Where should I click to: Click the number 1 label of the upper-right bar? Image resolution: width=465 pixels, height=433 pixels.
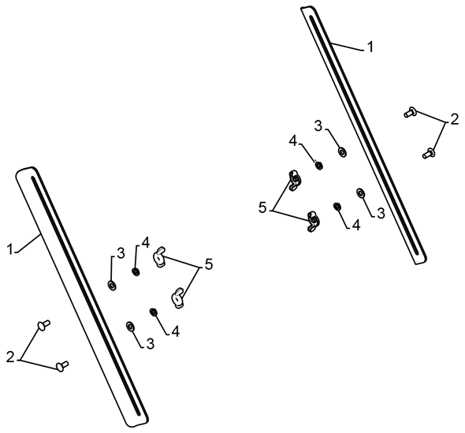(370, 47)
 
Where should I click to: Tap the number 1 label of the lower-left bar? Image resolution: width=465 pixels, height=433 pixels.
(10, 248)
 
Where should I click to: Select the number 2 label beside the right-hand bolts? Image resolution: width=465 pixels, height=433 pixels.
(454, 119)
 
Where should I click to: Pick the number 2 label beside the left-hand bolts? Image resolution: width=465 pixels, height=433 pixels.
(10, 356)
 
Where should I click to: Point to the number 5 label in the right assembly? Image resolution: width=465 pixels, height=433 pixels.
(262, 207)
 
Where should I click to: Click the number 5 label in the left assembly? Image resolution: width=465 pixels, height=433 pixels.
(209, 264)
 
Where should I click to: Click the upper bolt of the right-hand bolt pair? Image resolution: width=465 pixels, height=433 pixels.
(410, 112)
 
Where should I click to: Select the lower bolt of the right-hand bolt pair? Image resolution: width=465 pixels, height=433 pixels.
(429, 153)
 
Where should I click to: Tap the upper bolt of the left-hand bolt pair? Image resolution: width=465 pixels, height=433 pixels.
(43, 324)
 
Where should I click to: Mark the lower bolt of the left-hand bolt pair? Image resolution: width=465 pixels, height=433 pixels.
(62, 366)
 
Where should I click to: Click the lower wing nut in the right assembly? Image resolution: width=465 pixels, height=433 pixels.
(313, 222)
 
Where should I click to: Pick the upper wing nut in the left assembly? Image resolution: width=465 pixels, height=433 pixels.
(159, 257)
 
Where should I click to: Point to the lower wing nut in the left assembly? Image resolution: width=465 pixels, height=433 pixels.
(177, 297)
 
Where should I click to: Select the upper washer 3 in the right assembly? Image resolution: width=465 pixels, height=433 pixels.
(343, 152)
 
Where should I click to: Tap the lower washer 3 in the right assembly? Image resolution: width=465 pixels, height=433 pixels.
(361, 193)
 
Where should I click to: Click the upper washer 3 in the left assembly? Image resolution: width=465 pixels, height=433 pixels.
(112, 286)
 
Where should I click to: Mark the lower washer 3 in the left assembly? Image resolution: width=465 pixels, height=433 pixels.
(130, 327)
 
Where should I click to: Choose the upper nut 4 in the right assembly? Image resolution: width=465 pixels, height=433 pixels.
(319, 165)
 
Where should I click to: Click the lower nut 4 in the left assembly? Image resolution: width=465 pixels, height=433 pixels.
(154, 312)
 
